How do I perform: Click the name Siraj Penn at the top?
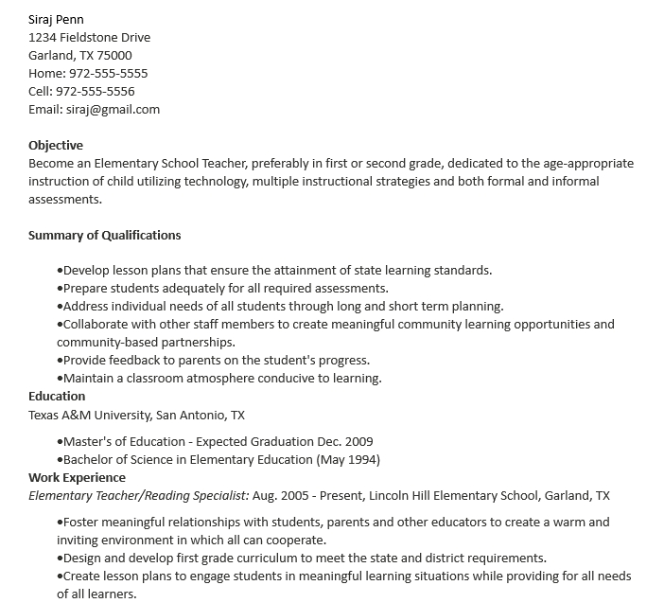coord(56,19)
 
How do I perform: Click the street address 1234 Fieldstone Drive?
coord(89,37)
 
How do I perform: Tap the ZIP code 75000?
coord(114,55)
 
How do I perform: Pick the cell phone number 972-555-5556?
coord(95,91)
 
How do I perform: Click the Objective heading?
coord(56,145)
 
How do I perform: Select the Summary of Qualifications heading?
coord(104,235)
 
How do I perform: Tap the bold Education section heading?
coord(57,396)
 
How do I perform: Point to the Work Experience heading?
coord(77,477)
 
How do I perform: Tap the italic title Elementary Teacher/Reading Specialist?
coord(138,495)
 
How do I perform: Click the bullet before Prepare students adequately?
coord(60,289)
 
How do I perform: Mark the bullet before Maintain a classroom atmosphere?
coord(60,379)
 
